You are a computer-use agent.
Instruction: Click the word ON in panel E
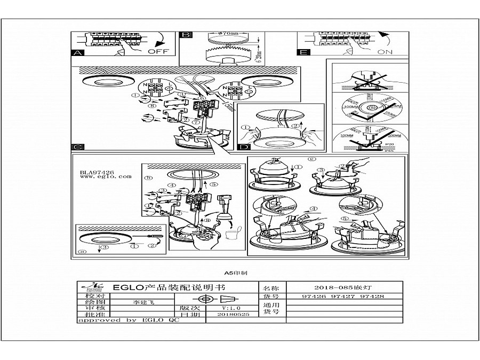[384, 52]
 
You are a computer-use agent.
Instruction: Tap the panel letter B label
[186, 35]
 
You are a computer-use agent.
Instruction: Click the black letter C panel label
[77, 147]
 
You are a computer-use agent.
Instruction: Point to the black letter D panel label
[243, 147]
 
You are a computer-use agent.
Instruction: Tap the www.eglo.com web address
[105, 177]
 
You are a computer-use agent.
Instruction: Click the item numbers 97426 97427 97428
[342, 296]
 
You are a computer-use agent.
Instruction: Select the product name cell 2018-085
[342, 286]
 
